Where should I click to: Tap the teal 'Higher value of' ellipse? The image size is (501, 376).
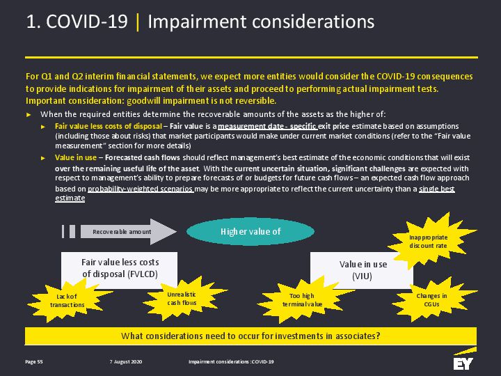(250, 231)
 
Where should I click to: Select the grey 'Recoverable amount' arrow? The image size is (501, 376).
(128, 231)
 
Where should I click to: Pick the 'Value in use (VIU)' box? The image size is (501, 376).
(362, 270)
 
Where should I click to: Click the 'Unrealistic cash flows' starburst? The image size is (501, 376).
(182, 298)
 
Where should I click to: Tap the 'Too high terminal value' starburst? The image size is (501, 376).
(303, 300)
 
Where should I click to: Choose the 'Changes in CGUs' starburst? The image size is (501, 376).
(432, 299)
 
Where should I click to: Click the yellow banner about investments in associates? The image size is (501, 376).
(250, 336)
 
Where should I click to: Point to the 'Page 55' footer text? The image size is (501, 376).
(34, 361)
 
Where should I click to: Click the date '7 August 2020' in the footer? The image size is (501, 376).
(125, 361)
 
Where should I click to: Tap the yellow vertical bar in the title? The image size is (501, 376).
(138, 22)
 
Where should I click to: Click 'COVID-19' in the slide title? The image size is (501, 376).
(86, 22)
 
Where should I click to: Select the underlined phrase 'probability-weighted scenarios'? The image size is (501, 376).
(141, 189)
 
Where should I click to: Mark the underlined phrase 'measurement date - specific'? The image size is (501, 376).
(268, 126)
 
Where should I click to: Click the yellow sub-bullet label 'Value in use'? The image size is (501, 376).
(76, 157)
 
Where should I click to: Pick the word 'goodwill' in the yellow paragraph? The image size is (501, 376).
(144, 101)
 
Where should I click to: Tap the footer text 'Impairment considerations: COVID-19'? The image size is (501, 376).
(231, 361)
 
